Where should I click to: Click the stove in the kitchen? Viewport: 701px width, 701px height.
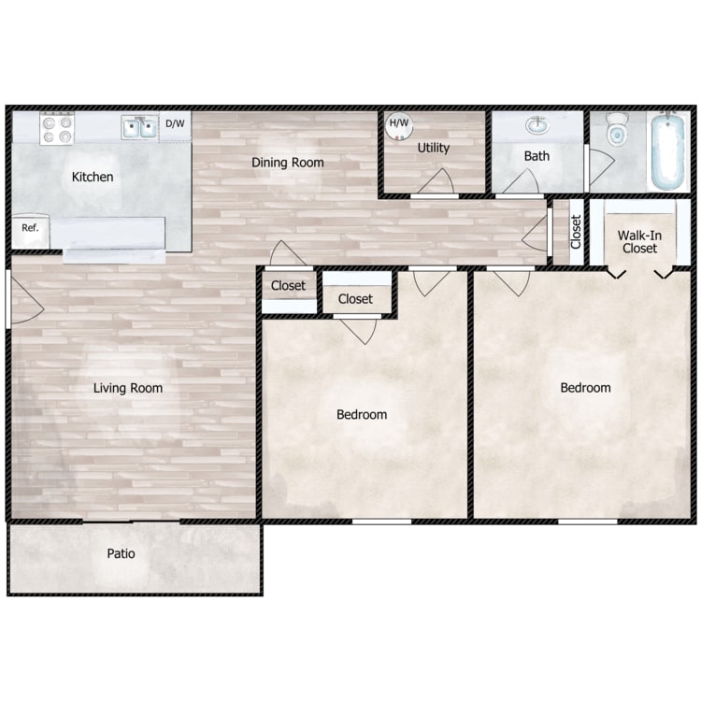tap(57, 128)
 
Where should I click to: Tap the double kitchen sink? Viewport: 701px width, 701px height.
tap(139, 127)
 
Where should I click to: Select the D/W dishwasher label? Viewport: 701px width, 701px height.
tap(175, 123)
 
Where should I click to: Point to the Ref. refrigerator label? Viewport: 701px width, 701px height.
tap(30, 227)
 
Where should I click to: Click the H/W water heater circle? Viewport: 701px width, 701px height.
tap(399, 125)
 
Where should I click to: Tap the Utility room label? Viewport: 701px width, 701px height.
tap(433, 148)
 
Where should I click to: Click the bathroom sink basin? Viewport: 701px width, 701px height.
tap(537, 125)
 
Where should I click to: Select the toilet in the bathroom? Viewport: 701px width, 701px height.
tap(617, 129)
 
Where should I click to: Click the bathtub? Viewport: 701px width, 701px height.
tap(668, 151)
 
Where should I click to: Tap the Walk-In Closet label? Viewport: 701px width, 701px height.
tap(639, 242)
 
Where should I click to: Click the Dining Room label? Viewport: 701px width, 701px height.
tap(288, 163)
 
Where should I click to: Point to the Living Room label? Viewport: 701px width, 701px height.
tap(128, 388)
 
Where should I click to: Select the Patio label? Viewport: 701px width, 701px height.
tap(121, 553)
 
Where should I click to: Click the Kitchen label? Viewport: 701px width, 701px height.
tap(93, 177)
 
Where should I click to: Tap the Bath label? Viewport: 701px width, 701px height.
tap(536, 156)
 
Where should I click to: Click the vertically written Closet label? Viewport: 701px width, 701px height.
tap(576, 232)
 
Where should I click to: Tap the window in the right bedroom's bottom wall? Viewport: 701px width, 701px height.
tap(588, 522)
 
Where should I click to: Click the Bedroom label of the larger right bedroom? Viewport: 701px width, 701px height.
tap(586, 388)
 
